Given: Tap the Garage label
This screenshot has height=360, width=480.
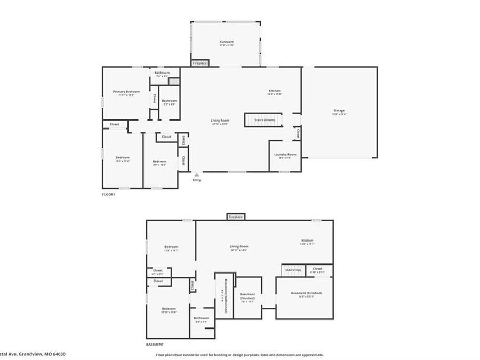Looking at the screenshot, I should (339, 111).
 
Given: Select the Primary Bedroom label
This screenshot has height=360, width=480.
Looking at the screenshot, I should (126, 92).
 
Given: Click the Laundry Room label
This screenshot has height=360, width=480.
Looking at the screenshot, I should (285, 155).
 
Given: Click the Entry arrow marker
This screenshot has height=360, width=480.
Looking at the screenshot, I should (197, 174).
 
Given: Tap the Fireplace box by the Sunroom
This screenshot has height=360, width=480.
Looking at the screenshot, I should (200, 63).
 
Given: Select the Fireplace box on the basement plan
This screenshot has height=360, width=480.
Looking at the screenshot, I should (235, 217).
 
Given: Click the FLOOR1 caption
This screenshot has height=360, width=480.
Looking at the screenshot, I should (109, 194).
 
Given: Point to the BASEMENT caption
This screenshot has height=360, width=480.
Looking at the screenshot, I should (155, 345).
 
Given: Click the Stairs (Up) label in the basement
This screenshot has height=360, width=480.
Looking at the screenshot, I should (293, 269).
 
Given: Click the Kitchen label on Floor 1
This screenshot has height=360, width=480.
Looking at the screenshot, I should (274, 91).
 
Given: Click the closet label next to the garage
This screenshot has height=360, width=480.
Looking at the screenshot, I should (298, 133).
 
